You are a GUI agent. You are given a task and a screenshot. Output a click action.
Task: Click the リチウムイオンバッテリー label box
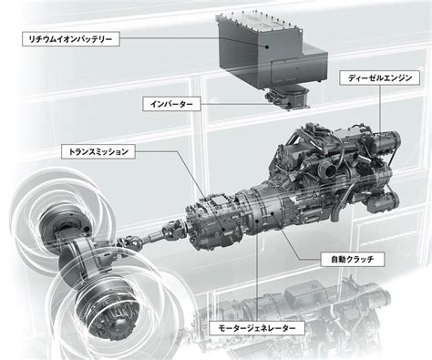click(71, 39)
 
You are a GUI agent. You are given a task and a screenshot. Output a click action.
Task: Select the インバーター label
click(171, 104)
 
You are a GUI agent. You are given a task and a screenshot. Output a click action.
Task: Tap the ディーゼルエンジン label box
click(380, 78)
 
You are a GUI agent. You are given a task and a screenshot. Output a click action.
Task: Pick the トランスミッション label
click(98, 151)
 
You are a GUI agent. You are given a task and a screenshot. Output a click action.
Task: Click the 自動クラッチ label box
click(352, 260)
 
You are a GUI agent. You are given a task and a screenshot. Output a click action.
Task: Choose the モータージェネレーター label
click(257, 328)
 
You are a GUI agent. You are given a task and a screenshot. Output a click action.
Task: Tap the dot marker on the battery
click(266, 46)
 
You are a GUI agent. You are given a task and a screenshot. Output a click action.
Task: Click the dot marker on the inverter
click(289, 105)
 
